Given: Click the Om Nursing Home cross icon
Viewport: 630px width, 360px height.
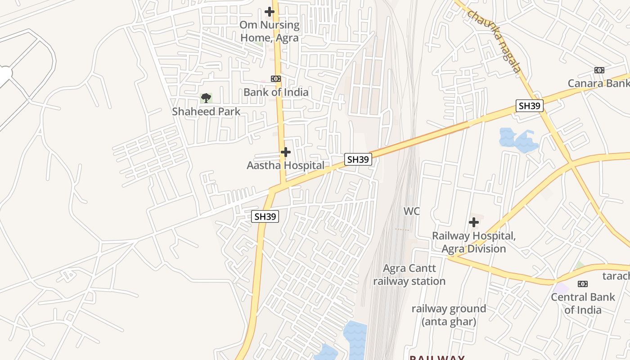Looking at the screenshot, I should pyautogui.click(x=270, y=11).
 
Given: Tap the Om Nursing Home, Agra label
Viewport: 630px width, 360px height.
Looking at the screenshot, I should pyautogui.click(x=270, y=31).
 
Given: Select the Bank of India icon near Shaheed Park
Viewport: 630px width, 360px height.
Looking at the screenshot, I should pyautogui.click(x=276, y=79).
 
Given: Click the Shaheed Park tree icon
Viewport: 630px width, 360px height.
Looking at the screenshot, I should pyautogui.click(x=206, y=98).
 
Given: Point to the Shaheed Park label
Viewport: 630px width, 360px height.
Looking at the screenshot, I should pyautogui.click(x=206, y=112).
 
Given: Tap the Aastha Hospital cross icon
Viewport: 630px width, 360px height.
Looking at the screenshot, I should pyautogui.click(x=286, y=152).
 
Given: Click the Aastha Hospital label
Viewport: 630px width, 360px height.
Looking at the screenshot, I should pyautogui.click(x=285, y=166).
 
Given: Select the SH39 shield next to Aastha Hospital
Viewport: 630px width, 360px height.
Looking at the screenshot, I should pyautogui.click(x=358, y=159).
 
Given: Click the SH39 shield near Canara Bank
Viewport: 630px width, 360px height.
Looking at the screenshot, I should pyautogui.click(x=530, y=106).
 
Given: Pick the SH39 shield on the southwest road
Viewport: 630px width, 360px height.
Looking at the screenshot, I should pyautogui.click(x=265, y=216).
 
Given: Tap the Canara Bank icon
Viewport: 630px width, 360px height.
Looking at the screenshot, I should pyautogui.click(x=599, y=70).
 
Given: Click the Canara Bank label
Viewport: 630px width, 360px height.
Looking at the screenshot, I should pyautogui.click(x=598, y=83).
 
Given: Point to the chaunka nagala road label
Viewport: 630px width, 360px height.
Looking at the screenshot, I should pyautogui.click(x=494, y=40).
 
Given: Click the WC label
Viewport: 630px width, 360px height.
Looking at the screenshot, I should pyautogui.click(x=411, y=211).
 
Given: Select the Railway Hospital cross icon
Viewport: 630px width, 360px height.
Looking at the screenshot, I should pyautogui.click(x=473, y=222).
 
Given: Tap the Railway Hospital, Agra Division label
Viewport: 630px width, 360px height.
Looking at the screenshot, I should pyautogui.click(x=473, y=242).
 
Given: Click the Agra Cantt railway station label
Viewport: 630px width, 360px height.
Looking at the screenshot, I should pyautogui.click(x=409, y=275).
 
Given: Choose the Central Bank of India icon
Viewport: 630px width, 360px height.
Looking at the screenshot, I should pyautogui.click(x=583, y=284).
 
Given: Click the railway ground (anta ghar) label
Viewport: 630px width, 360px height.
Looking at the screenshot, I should pyautogui.click(x=449, y=315).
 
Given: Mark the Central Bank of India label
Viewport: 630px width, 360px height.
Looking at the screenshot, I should pyautogui.click(x=583, y=303).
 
